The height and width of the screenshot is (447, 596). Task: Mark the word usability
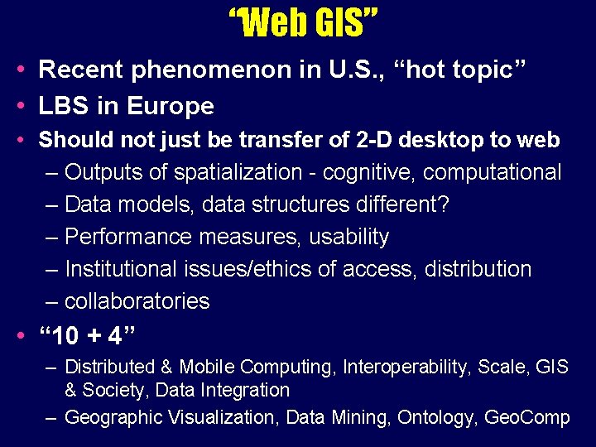coord(348,237)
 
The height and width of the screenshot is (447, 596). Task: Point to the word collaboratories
coord(137,300)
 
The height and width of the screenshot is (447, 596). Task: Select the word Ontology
coord(435,418)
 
